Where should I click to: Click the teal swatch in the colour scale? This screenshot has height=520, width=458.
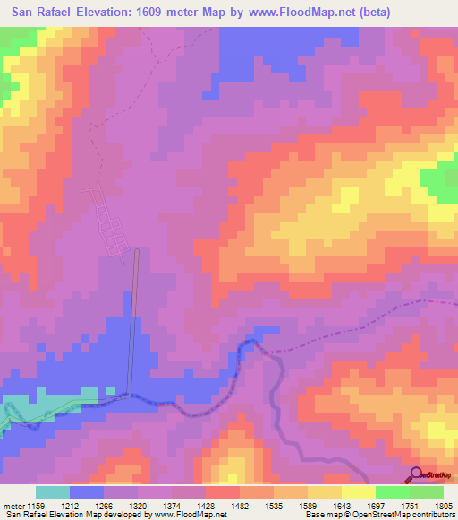point(52,492)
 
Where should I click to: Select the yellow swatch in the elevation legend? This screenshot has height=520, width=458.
point(358,492)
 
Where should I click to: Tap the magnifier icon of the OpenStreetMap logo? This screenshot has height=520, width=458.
point(416,474)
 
